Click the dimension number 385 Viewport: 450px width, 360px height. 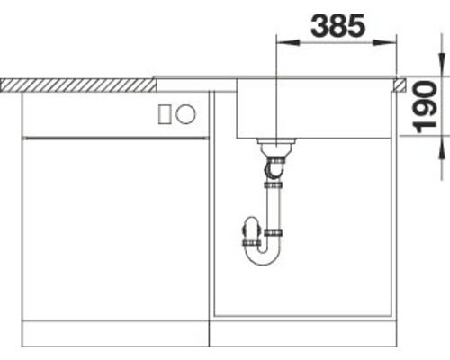[338, 25]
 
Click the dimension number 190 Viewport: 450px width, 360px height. [426, 107]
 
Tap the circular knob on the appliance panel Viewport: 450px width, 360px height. [185, 114]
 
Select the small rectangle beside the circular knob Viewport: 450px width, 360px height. [165, 114]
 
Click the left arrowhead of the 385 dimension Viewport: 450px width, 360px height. [288, 42]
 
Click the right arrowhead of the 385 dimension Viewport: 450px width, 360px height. [385, 42]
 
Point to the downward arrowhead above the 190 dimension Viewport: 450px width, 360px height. [442, 65]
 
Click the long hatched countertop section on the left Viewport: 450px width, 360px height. [78, 85]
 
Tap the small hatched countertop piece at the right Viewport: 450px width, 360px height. [399, 85]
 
